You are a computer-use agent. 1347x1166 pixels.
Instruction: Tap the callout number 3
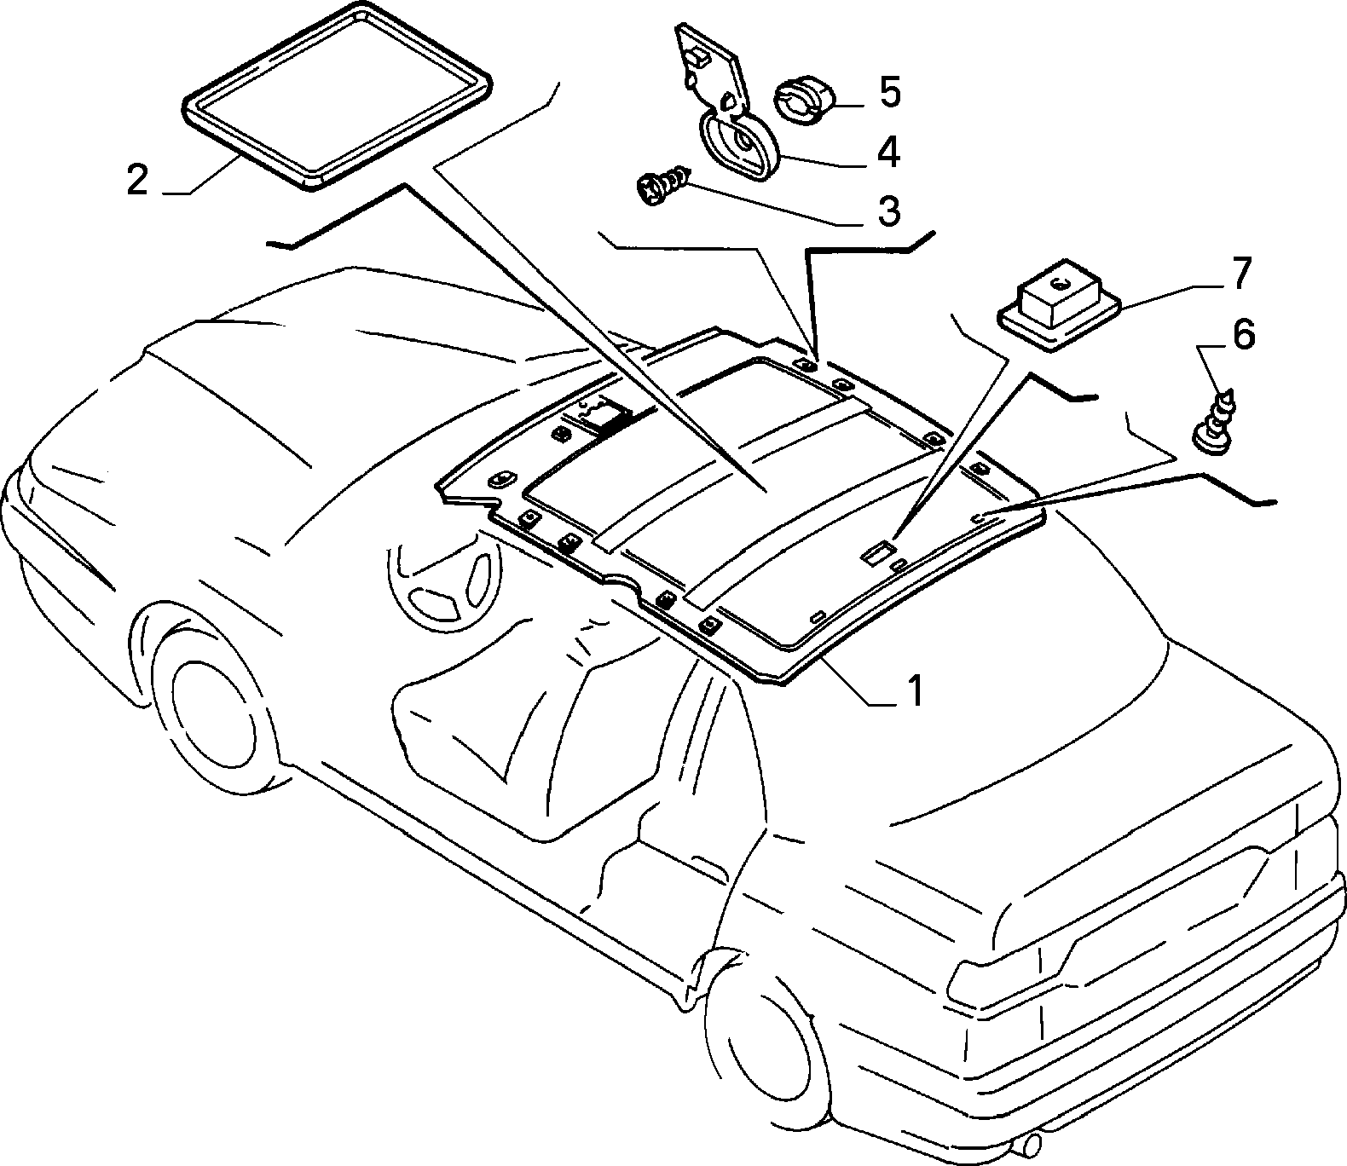click(888, 211)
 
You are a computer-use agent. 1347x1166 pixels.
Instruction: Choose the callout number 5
click(889, 93)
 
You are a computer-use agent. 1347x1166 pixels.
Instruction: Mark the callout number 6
click(1243, 335)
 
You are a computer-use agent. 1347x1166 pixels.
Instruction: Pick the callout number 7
click(1240, 274)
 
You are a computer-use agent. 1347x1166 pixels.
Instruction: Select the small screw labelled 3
click(662, 184)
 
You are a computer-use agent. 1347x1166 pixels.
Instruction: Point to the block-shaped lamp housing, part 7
click(1060, 305)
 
